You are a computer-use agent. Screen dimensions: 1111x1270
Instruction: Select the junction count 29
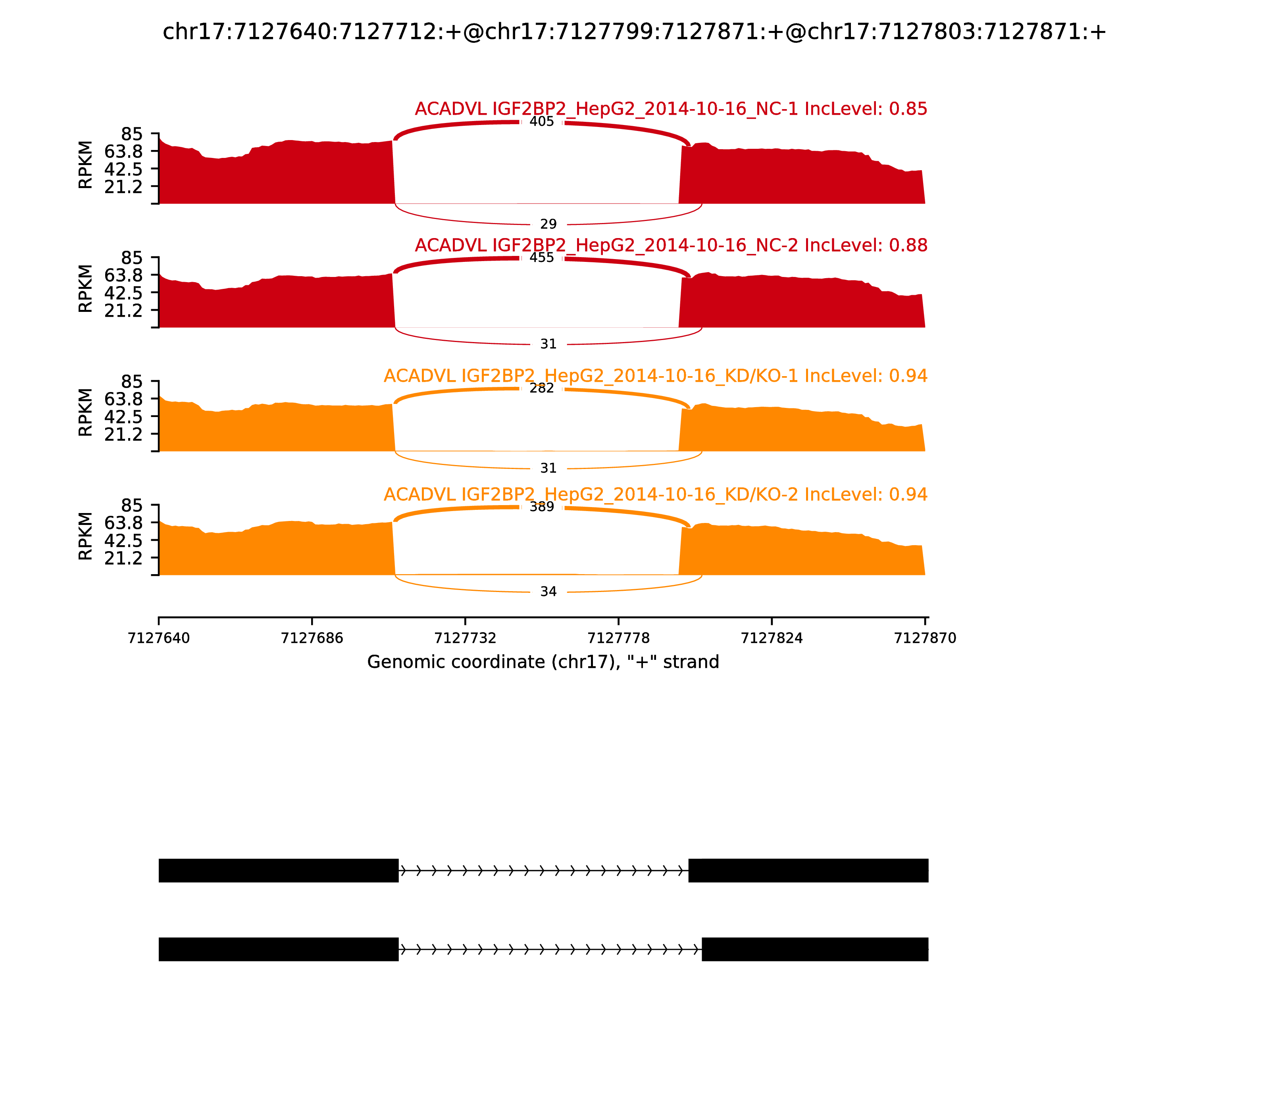(x=548, y=224)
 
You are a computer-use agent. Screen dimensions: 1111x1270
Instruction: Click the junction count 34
(x=548, y=592)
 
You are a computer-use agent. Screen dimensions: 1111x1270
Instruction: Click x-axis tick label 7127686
(x=312, y=638)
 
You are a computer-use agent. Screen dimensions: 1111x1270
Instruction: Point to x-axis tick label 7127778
(x=618, y=638)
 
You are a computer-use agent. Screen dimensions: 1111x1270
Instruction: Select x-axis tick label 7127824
(x=772, y=638)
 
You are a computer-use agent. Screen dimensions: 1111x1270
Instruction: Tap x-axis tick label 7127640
(x=159, y=638)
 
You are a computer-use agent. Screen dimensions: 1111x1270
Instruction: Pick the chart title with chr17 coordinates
(x=634, y=32)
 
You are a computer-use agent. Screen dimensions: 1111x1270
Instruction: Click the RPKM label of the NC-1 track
(x=86, y=165)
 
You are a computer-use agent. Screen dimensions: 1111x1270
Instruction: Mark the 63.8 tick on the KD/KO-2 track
(x=123, y=523)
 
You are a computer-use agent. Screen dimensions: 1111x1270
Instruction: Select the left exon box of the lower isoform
(x=279, y=949)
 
